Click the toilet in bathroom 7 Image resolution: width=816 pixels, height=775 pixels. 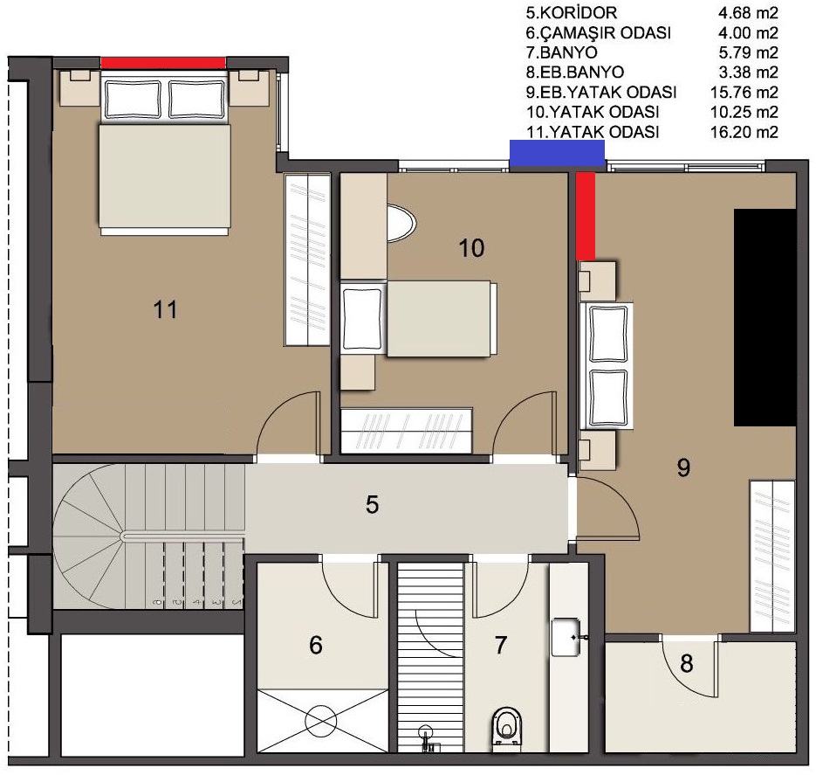[x=506, y=728]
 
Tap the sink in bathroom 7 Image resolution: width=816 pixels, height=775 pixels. [x=566, y=636]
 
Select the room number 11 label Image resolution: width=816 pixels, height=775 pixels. [x=165, y=310]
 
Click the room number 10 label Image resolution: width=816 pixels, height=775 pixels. [x=471, y=248]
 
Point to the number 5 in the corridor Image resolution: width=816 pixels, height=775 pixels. [x=372, y=505]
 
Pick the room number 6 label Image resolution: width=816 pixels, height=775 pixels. [x=316, y=645]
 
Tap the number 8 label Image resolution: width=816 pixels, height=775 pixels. [x=687, y=663]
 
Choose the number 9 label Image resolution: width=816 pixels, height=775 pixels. [x=683, y=467]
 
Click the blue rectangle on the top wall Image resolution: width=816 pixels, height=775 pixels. [x=557, y=153]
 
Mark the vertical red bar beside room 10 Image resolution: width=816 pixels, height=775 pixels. [x=586, y=216]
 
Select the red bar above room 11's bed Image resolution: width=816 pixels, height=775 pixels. [x=163, y=63]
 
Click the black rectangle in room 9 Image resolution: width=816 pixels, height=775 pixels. [x=765, y=318]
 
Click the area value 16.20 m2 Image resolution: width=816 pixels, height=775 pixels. [x=744, y=132]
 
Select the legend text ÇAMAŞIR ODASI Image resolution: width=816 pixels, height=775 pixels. [x=605, y=32]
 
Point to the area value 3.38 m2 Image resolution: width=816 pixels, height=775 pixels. [x=748, y=72]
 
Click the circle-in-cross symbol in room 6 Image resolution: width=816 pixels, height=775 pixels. [x=321, y=721]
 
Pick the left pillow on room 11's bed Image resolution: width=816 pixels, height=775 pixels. [x=133, y=100]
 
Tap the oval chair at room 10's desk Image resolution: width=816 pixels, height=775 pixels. [x=401, y=223]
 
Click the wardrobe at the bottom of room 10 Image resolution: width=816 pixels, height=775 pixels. [x=406, y=430]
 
